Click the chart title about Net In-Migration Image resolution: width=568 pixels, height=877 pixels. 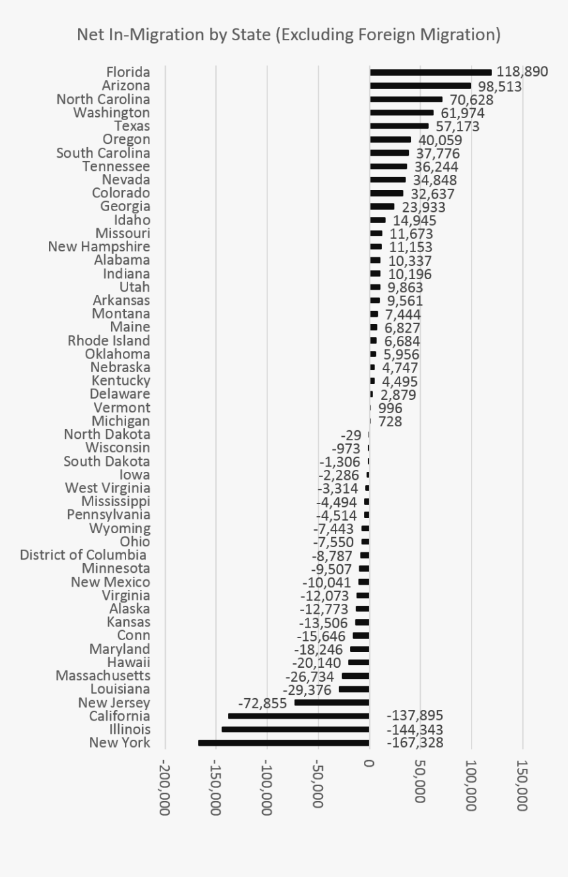click(289, 34)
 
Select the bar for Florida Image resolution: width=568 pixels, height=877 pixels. click(431, 72)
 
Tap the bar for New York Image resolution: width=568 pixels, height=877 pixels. click(284, 743)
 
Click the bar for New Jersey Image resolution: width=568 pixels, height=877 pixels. click(332, 703)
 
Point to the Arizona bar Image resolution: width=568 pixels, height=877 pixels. click(420, 86)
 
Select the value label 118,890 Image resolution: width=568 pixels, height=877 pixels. click(522, 72)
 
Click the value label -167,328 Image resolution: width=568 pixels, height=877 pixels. click(415, 743)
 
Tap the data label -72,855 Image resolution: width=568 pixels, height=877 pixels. click(262, 703)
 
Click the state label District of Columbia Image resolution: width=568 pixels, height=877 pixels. click(83, 555)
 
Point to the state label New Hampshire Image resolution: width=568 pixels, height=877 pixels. click(99, 247)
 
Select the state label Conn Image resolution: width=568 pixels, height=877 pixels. click(133, 635)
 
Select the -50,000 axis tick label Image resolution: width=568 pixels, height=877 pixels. click(318, 784)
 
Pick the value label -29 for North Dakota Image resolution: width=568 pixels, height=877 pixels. click(351, 435)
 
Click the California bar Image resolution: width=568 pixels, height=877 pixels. click(299, 716)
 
